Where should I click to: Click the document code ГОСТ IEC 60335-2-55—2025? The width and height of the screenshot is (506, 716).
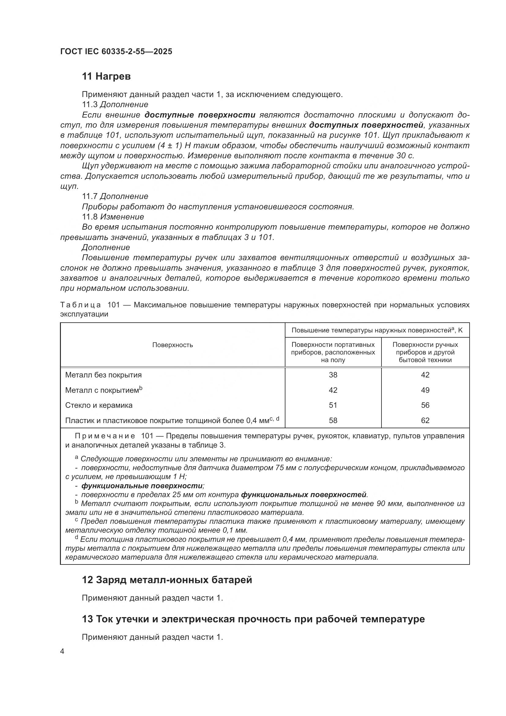point(116,52)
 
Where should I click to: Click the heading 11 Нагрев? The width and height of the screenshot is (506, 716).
point(106,76)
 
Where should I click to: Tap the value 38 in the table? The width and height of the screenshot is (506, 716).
point(333,375)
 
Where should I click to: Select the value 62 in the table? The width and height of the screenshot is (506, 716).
point(425,420)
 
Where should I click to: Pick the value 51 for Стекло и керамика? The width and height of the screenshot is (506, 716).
point(333,405)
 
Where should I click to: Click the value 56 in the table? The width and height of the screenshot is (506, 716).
point(425,405)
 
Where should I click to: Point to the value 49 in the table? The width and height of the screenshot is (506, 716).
point(425,390)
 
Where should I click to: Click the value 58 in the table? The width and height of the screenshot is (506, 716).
point(333,420)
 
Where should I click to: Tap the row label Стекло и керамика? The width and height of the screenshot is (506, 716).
point(99,405)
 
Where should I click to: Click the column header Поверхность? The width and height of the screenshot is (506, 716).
point(172,345)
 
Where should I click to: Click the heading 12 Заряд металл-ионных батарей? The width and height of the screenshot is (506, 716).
point(167,580)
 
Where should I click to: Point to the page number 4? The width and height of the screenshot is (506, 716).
point(62,651)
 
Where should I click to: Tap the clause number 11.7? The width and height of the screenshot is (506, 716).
point(90,197)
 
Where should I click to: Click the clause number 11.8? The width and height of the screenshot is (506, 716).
point(90,217)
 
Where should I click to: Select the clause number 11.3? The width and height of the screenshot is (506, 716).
point(90,104)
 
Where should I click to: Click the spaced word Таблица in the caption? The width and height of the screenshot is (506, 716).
point(80,305)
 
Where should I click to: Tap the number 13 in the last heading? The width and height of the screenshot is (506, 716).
point(87,619)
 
